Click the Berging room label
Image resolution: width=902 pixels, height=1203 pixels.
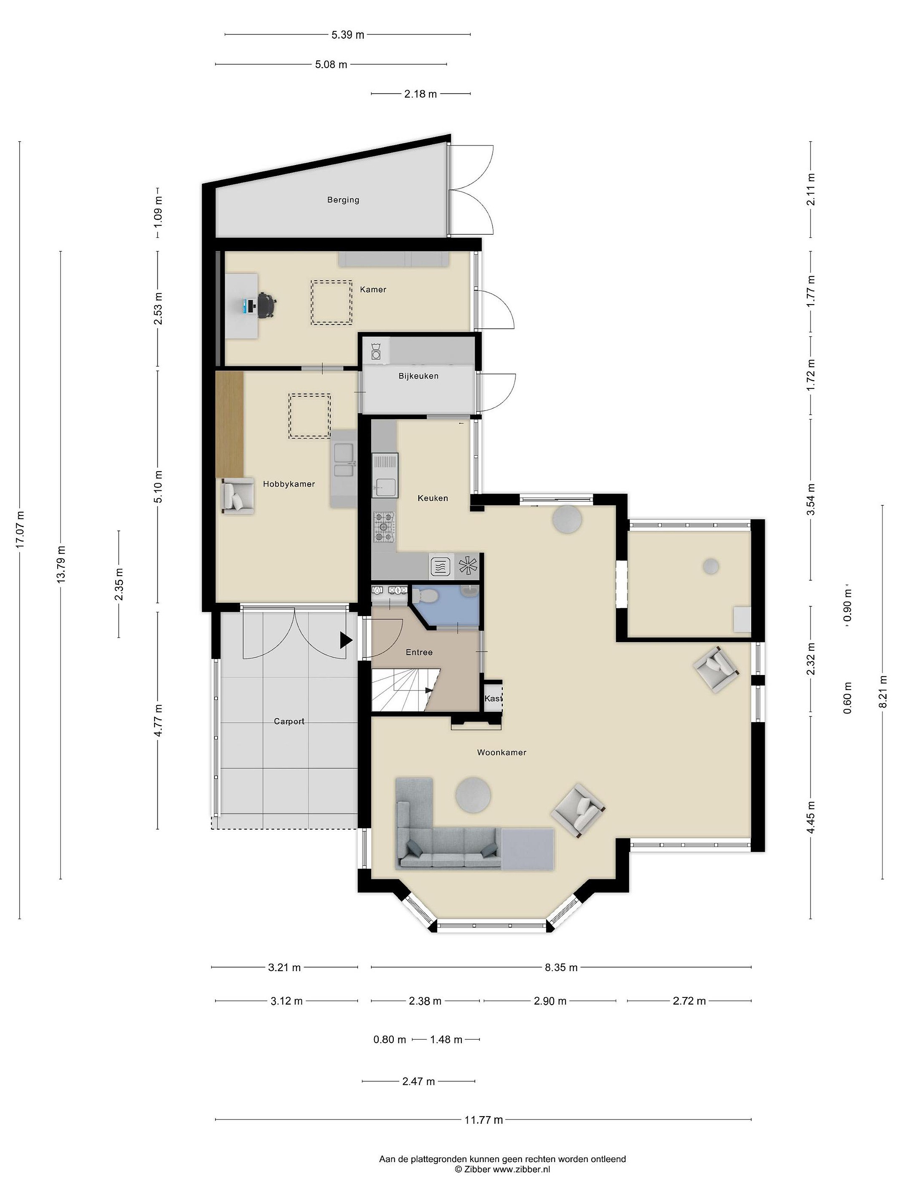click(343, 200)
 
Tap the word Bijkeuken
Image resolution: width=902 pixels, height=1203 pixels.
click(418, 376)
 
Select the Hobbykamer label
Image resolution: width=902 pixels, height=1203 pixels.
click(289, 484)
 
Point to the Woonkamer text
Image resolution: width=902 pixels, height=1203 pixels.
click(501, 753)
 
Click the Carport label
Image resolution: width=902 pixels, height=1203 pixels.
click(289, 722)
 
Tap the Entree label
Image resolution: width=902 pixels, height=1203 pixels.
click(419, 652)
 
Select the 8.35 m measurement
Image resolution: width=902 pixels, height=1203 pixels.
click(561, 967)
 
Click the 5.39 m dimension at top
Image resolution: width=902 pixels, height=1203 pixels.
click(348, 35)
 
